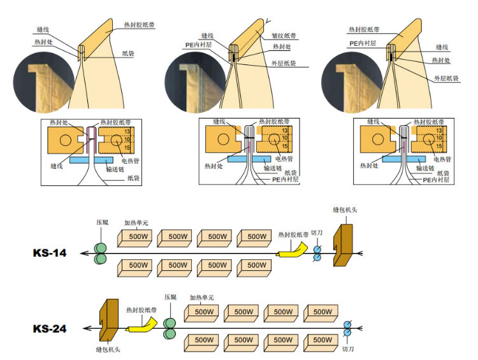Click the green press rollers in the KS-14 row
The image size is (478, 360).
click(101, 252)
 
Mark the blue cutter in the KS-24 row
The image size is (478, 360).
click(347, 329)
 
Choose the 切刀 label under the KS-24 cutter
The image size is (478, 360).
click(348, 349)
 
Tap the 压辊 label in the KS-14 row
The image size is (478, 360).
click(102, 222)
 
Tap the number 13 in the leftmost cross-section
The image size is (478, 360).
click(127, 131)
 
